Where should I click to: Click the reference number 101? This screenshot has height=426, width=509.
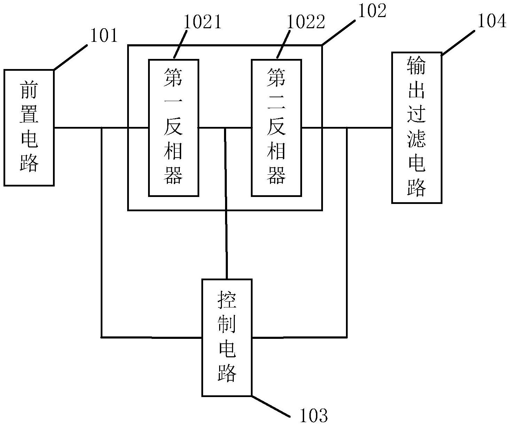click(104, 36)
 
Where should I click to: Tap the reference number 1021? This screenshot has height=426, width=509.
click(202, 23)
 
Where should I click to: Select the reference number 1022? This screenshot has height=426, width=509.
click(306, 23)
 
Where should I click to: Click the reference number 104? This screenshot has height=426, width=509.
click(491, 21)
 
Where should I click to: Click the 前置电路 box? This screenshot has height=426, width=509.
click(29, 128)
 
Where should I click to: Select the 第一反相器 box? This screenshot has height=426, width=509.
click(173, 128)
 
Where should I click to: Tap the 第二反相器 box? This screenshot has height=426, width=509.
click(276, 128)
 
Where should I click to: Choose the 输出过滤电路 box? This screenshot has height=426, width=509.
click(417, 128)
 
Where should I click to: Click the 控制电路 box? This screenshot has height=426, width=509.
click(227, 337)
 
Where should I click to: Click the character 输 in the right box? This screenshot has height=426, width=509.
click(417, 66)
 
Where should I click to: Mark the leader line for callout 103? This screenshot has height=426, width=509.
click(270, 406)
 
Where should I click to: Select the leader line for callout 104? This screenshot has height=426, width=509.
click(458, 43)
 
